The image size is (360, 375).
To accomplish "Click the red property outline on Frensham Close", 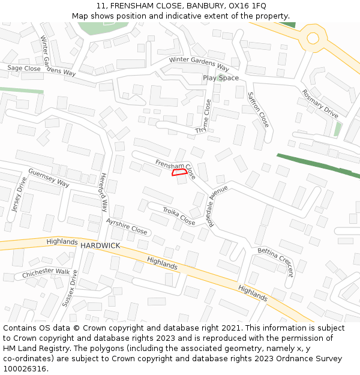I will [x=178, y=173].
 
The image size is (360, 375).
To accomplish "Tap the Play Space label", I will [x=220, y=78].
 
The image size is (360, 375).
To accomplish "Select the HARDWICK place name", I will [x=100, y=246].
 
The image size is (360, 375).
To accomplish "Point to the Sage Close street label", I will [x=24, y=69].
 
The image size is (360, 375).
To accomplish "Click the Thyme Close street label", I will [x=204, y=117].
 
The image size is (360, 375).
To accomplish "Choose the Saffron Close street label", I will [x=259, y=109].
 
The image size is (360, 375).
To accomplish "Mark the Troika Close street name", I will [x=179, y=216].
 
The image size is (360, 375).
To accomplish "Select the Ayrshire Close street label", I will [x=126, y=227].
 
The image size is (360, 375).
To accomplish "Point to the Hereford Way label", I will [x=103, y=193].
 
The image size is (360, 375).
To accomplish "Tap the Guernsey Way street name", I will [x=48, y=177].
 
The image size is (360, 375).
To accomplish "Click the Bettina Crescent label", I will [x=275, y=262].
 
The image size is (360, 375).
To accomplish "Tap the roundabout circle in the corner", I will [x=313, y=38].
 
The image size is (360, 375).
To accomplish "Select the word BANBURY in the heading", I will [x=204, y=6].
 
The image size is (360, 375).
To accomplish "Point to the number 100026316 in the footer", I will [x=24, y=368].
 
